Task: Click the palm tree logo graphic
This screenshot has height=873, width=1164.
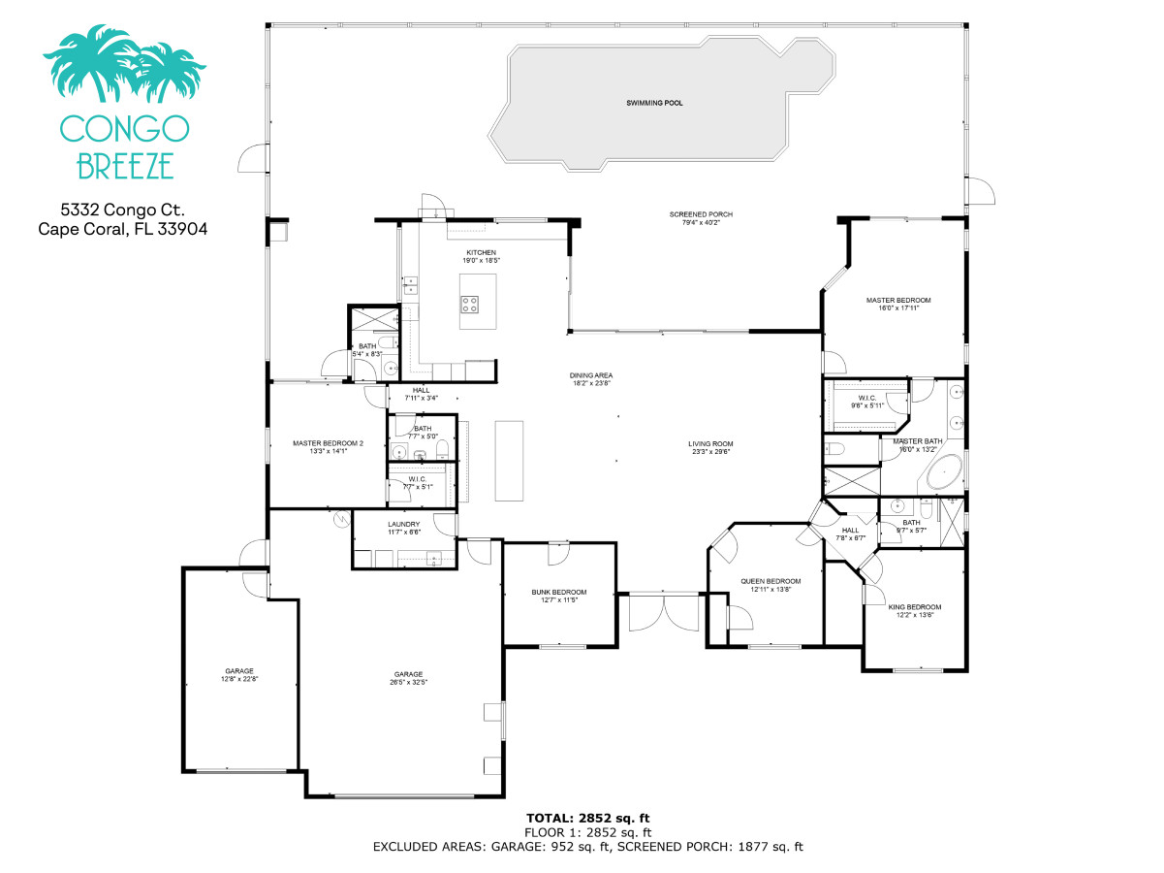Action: [x=124, y=66]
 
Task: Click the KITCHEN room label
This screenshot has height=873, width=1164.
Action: [x=481, y=252]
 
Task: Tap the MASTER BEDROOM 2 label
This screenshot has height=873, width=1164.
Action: [x=328, y=443]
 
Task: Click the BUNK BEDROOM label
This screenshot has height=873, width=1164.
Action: [x=558, y=592]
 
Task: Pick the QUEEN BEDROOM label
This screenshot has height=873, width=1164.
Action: [x=771, y=581]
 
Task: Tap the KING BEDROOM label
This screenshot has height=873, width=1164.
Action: [x=914, y=607]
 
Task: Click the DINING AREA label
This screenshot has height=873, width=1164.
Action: [x=590, y=375]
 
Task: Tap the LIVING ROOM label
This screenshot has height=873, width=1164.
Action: [x=709, y=443]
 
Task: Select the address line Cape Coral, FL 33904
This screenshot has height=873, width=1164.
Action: [x=122, y=230]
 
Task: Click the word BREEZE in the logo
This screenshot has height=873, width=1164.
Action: [x=124, y=166]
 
